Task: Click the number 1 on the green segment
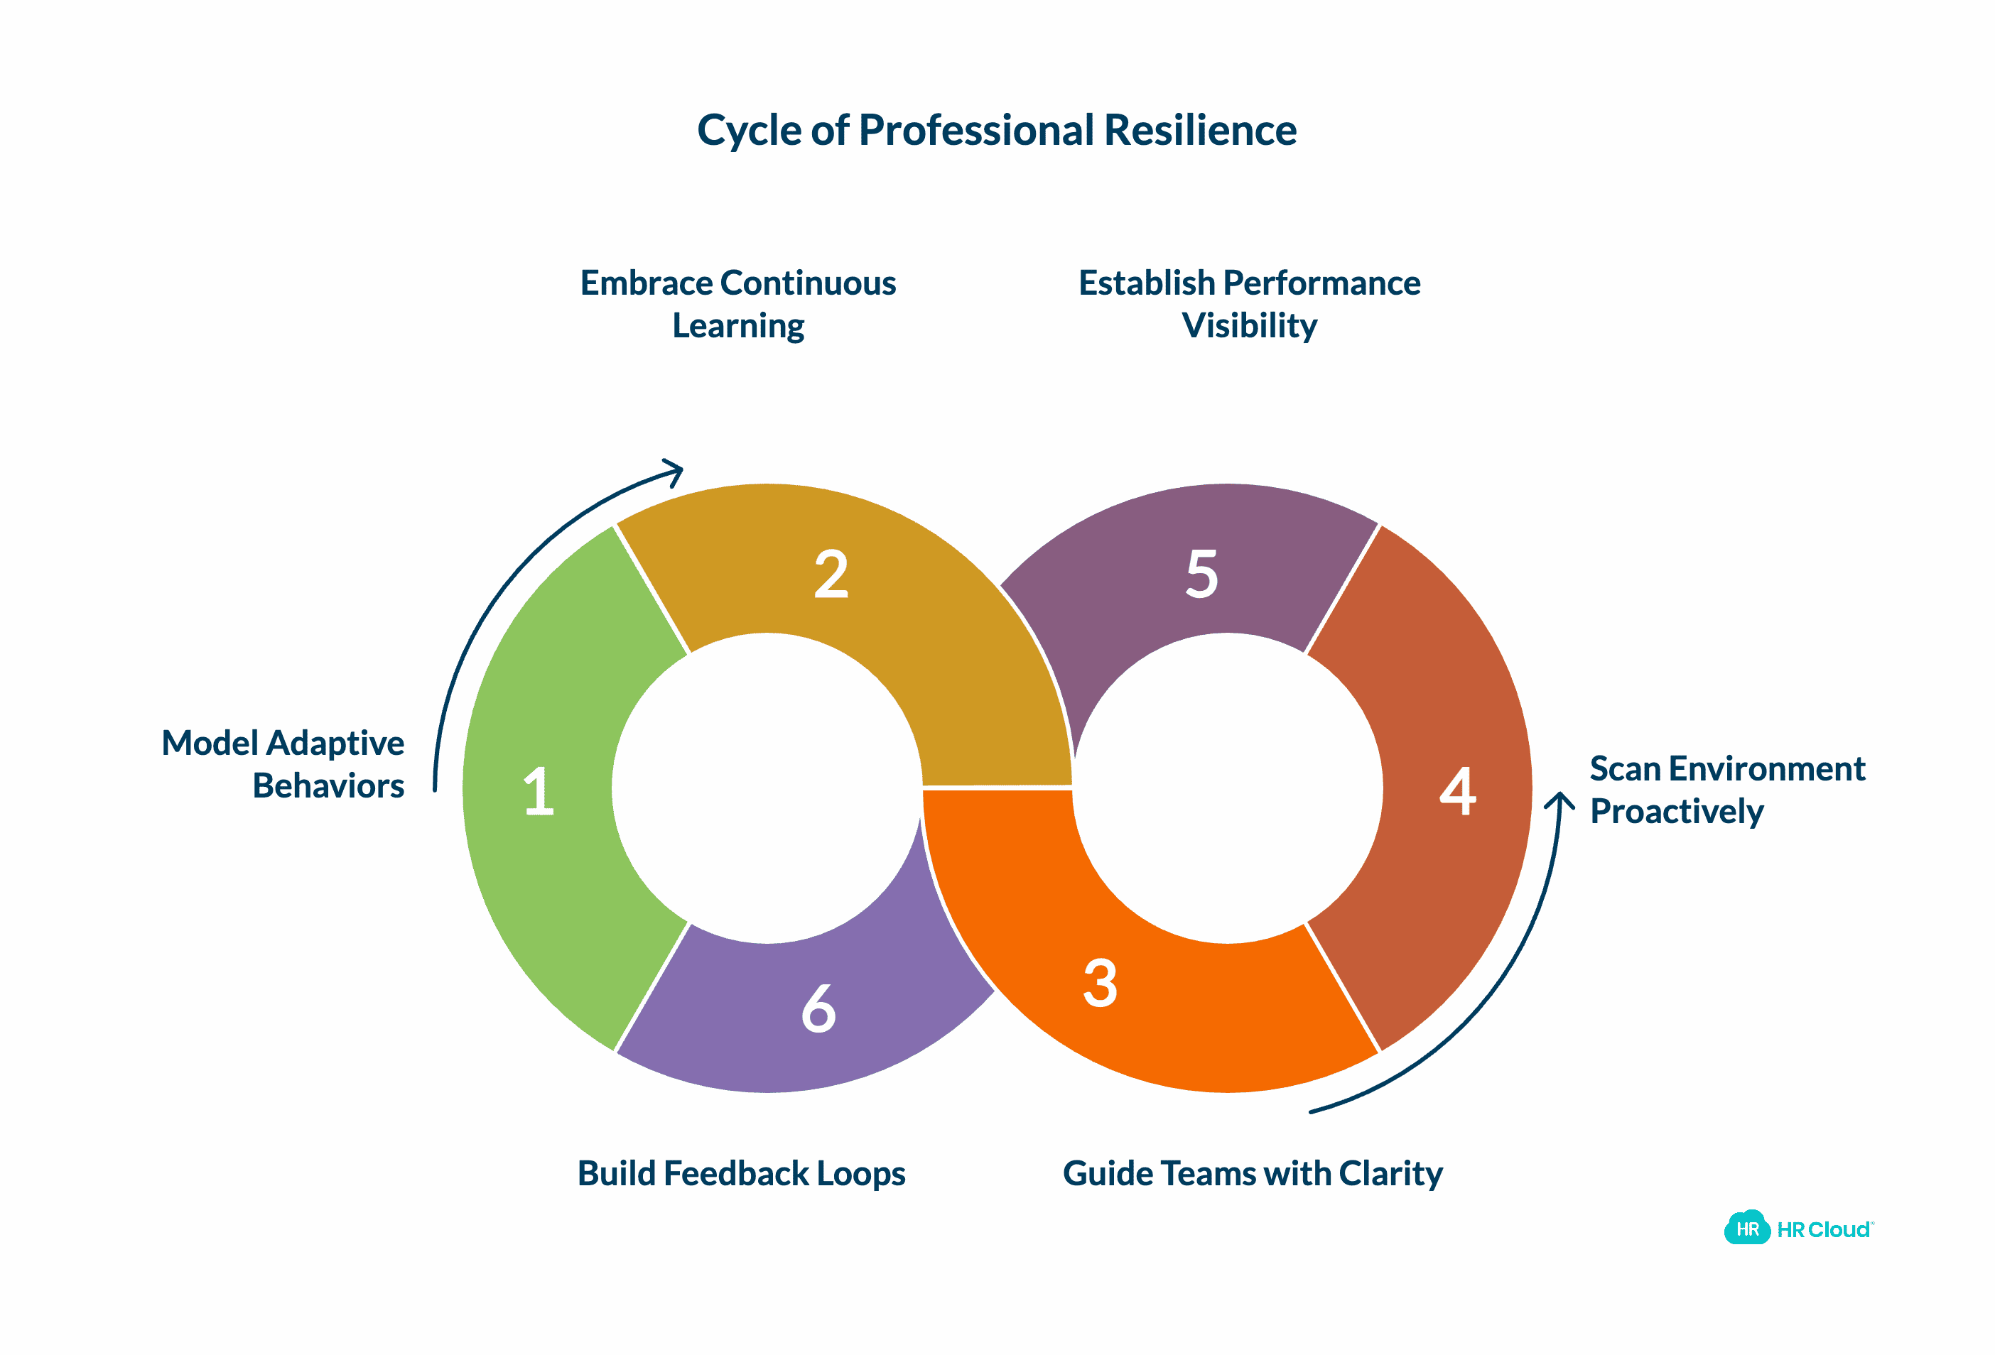point(539,790)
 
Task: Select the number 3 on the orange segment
point(1101,983)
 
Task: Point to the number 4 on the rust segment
point(1458,790)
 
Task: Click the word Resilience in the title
point(1199,131)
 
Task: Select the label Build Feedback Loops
point(741,1173)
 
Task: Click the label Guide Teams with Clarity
point(1253,1173)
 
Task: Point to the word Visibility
point(1249,326)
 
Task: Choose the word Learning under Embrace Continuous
point(738,326)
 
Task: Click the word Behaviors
point(328,786)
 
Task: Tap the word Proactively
point(1676,812)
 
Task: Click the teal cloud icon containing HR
point(1747,1228)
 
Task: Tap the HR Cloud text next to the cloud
point(1824,1230)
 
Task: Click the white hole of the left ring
point(767,787)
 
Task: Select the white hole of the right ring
point(1228,787)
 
